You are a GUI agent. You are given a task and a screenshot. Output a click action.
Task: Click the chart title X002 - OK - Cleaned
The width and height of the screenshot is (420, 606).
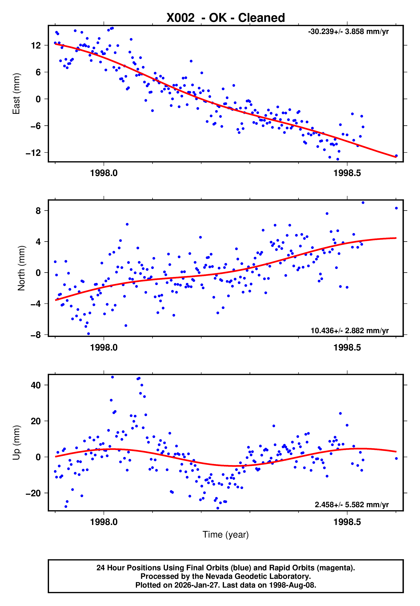click(226, 18)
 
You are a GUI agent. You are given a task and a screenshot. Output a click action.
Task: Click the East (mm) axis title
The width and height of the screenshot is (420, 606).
click(16, 94)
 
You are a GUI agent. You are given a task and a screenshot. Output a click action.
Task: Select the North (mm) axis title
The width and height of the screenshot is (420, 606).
click(21, 268)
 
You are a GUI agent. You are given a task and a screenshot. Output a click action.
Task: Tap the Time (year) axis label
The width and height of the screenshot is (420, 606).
click(226, 535)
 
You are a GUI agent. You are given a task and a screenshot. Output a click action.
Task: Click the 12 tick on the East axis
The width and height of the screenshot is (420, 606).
click(36, 46)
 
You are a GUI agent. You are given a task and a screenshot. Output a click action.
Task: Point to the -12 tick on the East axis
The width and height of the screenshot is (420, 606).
click(33, 153)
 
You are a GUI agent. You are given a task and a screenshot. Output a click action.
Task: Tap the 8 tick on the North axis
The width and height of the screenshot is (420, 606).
click(38, 211)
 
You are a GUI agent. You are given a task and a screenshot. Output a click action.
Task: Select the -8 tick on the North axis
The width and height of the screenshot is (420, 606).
click(36, 335)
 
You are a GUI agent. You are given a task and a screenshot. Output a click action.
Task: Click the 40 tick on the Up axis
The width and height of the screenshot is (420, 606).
click(36, 385)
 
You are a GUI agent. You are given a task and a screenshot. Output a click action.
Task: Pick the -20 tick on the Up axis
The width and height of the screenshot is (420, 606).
click(33, 493)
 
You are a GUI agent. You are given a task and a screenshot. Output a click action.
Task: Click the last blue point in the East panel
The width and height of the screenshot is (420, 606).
click(396, 156)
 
